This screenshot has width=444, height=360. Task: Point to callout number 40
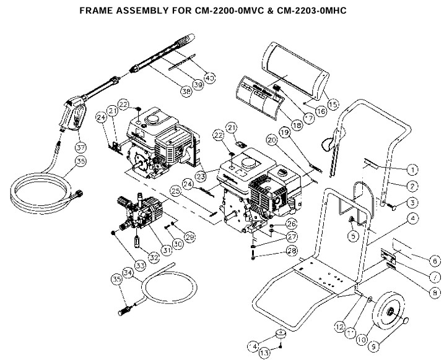[x=209, y=77]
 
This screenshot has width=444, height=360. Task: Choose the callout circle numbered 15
[x=334, y=104]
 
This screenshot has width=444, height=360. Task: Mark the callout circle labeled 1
[x=411, y=168]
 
